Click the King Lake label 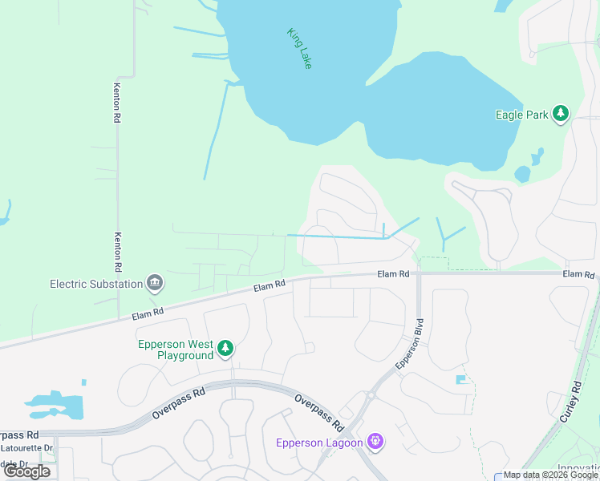point(299,48)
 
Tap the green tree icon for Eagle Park point(561,114)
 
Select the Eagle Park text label point(521,115)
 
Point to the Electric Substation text point(96,283)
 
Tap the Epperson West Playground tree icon point(226,347)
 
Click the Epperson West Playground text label point(175,350)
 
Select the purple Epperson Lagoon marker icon point(375,440)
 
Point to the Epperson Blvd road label point(409,344)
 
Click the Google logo point(27,471)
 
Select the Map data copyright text point(551,475)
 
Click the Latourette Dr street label point(26,447)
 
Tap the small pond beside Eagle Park point(522,173)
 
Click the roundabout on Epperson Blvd point(371,394)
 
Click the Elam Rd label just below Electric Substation point(148,311)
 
